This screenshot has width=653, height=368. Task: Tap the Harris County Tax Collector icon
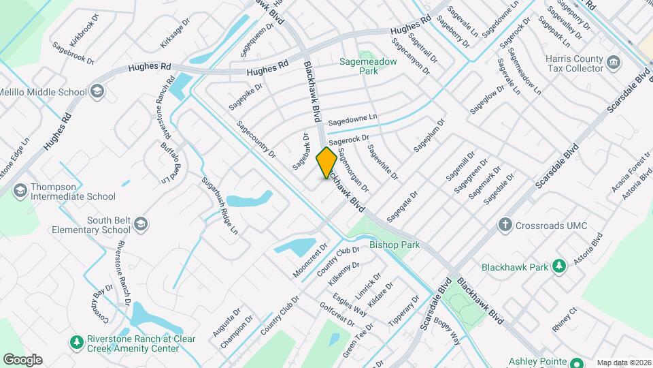tap(614, 63)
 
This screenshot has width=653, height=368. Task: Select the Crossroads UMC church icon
tap(505, 224)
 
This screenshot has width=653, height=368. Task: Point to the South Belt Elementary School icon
tap(140, 224)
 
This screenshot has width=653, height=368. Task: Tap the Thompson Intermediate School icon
tap(20, 189)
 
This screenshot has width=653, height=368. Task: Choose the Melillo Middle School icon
tap(97, 91)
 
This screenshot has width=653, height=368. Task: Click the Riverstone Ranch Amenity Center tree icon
tap(77, 340)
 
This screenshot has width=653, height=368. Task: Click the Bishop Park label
tap(395, 245)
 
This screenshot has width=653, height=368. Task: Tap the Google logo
tap(22, 359)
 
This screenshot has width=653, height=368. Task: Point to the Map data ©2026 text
tap(624, 363)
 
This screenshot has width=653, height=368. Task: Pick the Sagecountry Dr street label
tap(256, 140)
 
